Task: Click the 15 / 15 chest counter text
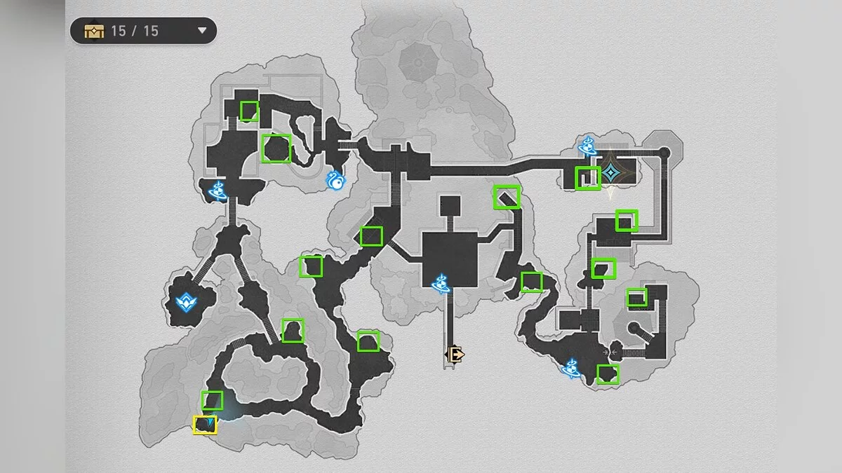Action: click(x=135, y=31)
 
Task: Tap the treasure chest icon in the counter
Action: click(x=93, y=31)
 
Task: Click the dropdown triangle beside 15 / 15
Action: click(x=202, y=31)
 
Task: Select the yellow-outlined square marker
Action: click(x=205, y=425)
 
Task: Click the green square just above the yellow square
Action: click(x=212, y=400)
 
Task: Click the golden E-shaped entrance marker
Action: click(x=455, y=355)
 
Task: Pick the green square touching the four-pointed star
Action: click(x=588, y=178)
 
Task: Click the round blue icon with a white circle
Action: click(x=336, y=181)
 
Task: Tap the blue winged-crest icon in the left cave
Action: click(x=186, y=303)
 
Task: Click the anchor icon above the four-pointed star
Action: click(x=587, y=146)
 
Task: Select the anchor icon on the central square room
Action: click(x=441, y=283)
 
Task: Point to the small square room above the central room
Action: click(x=449, y=206)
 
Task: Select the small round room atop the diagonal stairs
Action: click(x=634, y=327)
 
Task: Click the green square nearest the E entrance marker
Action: click(x=368, y=341)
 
